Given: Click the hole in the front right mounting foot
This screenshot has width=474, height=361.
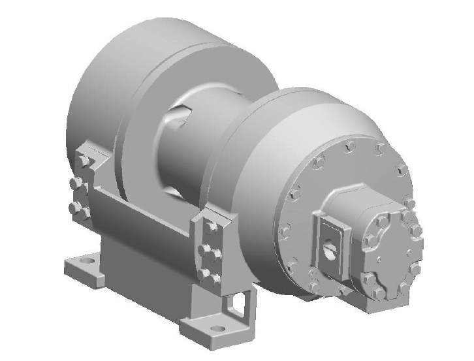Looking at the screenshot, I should (x=218, y=329).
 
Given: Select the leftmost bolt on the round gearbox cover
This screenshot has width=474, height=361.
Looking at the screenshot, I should (x=284, y=230).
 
